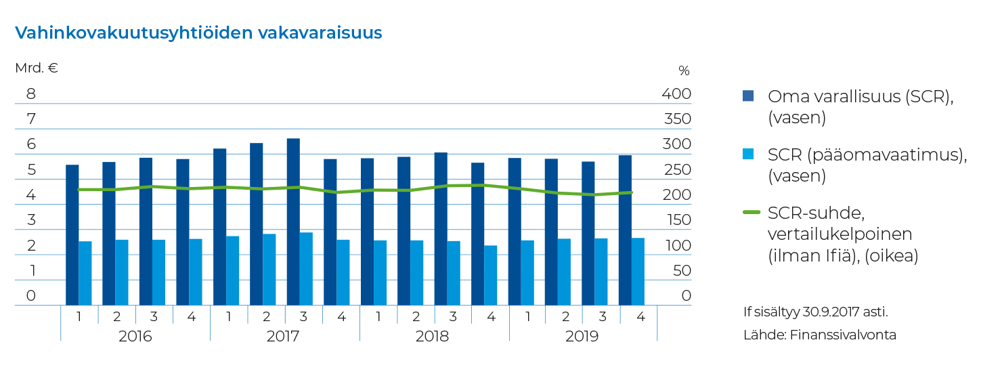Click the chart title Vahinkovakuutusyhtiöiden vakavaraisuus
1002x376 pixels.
[x=198, y=33]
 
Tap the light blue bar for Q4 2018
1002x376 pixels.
[x=491, y=275]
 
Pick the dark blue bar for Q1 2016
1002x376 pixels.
[x=72, y=234]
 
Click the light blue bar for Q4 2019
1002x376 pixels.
[x=638, y=271]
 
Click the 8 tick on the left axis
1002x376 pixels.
[x=30, y=93]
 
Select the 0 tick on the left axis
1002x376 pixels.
[x=30, y=295]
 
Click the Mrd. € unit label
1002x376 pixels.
[x=37, y=68]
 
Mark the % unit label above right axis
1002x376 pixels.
[x=684, y=70]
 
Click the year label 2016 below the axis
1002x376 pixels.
[x=135, y=336]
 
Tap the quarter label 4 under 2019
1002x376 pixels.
[x=638, y=316]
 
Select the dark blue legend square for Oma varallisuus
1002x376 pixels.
[x=748, y=96]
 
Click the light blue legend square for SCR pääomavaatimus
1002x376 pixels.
[x=748, y=154]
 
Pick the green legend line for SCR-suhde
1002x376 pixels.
[x=751, y=213]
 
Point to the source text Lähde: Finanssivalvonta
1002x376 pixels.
[x=819, y=335]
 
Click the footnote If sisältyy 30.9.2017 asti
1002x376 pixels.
[x=815, y=312]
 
